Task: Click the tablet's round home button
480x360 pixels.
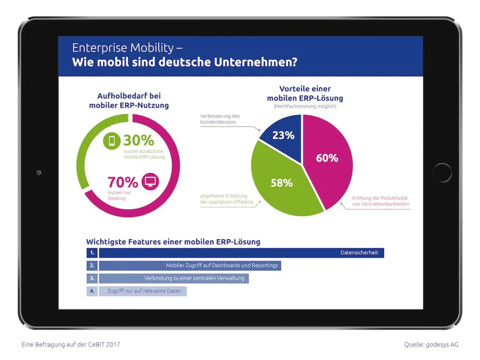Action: click(442, 173)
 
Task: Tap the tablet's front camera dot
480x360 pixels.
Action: click(39, 173)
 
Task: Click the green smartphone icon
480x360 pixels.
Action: click(112, 141)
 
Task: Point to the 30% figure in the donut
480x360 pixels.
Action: click(138, 140)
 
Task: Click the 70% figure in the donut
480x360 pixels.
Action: click(122, 182)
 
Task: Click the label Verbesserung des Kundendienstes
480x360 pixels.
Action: click(220, 119)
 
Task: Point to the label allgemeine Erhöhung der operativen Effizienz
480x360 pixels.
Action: click(224, 199)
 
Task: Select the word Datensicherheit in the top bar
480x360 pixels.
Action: click(359, 253)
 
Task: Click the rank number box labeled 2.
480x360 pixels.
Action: click(92, 266)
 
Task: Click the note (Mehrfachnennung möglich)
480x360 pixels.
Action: click(305, 107)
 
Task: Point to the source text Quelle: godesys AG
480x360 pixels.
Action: click(431, 344)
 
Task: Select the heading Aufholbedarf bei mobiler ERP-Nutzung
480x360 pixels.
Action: click(128, 101)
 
